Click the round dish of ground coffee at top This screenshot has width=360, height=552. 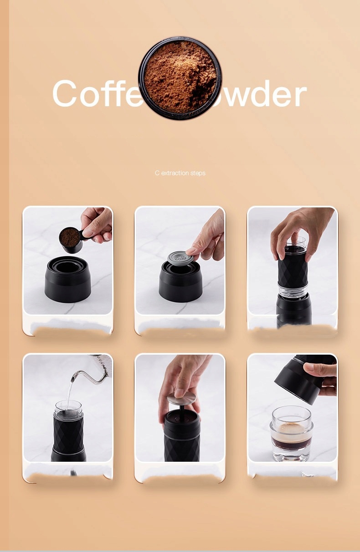[180, 78]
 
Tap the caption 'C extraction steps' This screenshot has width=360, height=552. [180, 173]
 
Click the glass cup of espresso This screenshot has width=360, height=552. [292, 433]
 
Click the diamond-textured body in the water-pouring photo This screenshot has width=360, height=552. [68, 433]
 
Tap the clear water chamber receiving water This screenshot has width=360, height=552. [68, 408]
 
